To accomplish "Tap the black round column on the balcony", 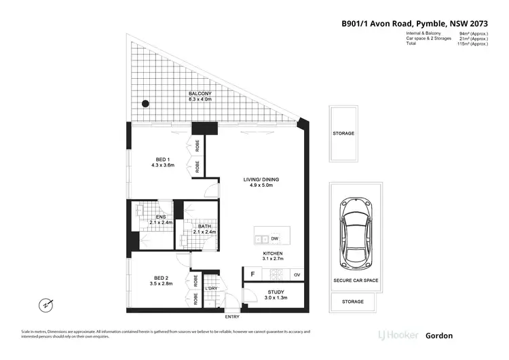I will [x=145, y=104].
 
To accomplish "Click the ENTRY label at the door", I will [x=233, y=317].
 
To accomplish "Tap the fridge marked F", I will [x=252, y=274].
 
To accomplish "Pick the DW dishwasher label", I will [x=274, y=239].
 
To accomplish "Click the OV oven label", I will [x=296, y=274].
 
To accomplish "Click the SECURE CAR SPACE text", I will [x=356, y=281].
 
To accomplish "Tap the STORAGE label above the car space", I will [x=343, y=133].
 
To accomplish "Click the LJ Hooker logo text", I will [x=398, y=335].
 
